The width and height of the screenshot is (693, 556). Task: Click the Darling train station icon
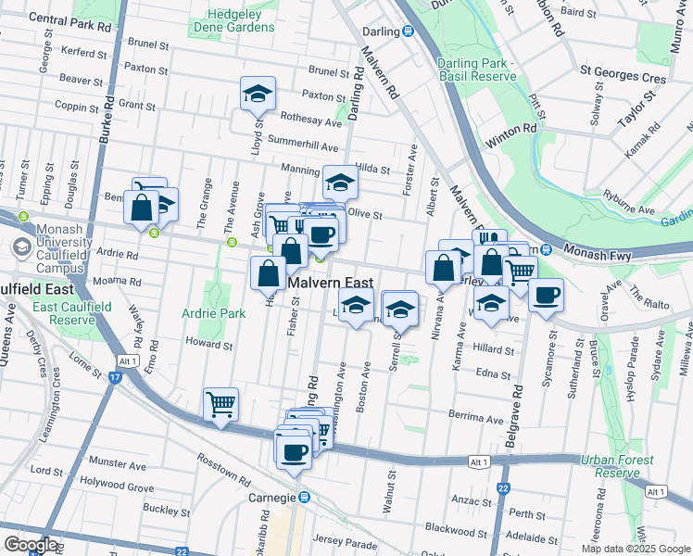[407, 32]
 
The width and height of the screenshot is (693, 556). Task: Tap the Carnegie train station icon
[301, 498]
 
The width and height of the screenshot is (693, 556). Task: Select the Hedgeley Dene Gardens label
[233, 20]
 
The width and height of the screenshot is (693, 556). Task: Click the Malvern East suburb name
[330, 284]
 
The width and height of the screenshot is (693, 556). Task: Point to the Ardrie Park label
[214, 313]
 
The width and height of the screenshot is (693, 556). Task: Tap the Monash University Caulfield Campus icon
[20, 248]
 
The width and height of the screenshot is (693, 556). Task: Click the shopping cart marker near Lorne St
[220, 404]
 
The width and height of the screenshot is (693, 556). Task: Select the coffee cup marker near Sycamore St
[545, 297]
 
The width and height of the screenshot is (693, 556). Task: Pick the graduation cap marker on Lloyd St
[258, 94]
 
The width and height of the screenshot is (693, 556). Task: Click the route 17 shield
[115, 378]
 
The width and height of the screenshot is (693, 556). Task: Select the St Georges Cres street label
[623, 80]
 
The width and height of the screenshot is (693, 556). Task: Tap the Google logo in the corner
[31, 544]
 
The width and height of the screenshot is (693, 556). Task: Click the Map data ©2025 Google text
[635, 549]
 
